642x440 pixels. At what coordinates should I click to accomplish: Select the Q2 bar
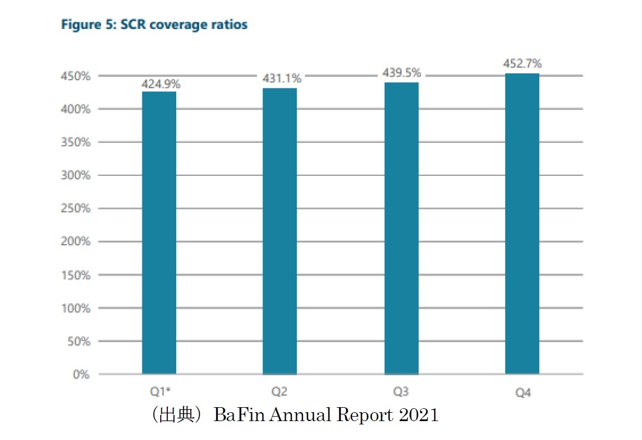[x=280, y=231]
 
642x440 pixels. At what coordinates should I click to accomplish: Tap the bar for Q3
[x=401, y=228]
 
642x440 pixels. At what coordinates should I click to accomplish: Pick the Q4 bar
[x=522, y=224]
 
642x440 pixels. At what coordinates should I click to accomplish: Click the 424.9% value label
[x=161, y=85]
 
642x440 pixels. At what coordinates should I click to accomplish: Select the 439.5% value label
[x=402, y=73]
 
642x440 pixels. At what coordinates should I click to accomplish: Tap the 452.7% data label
[x=522, y=64]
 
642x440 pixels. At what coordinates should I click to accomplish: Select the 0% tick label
[x=82, y=374]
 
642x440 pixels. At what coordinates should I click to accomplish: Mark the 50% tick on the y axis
[x=79, y=341]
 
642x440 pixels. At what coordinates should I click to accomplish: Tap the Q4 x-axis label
[x=522, y=393]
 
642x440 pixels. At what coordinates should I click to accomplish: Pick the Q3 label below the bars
[x=401, y=392]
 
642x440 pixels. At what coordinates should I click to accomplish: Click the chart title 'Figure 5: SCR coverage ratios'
[x=154, y=25]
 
